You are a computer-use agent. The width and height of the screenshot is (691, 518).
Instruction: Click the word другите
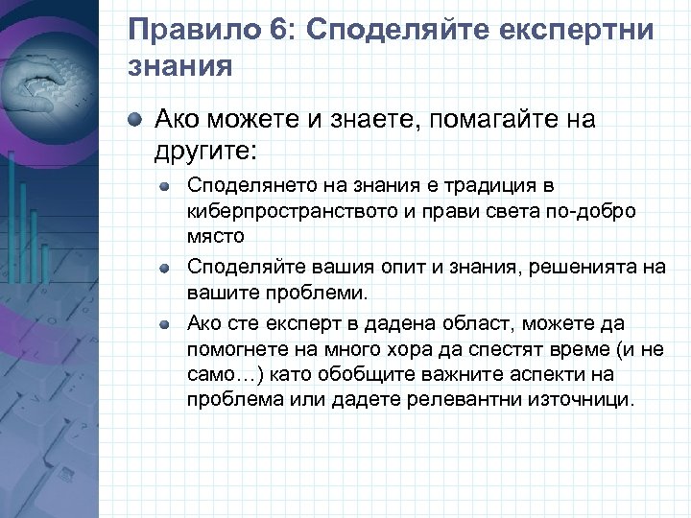(x=203, y=151)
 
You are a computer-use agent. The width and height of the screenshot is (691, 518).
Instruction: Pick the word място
(x=215, y=235)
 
